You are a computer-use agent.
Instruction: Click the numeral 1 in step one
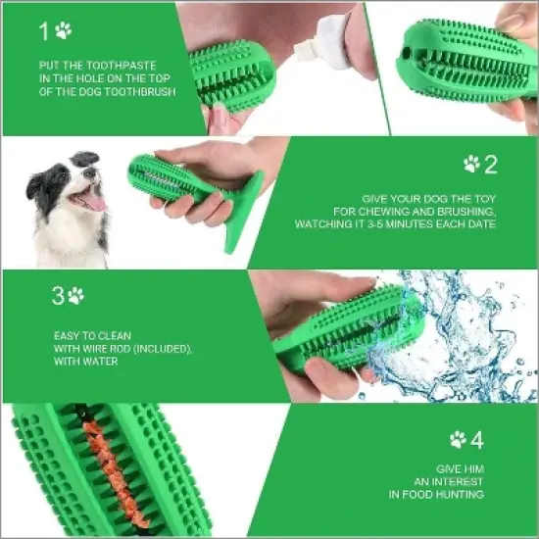click(x=43, y=31)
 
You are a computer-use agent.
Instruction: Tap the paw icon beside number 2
click(x=471, y=164)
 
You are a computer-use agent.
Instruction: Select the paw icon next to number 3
click(x=75, y=295)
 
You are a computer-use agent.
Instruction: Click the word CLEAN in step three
click(x=101, y=335)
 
